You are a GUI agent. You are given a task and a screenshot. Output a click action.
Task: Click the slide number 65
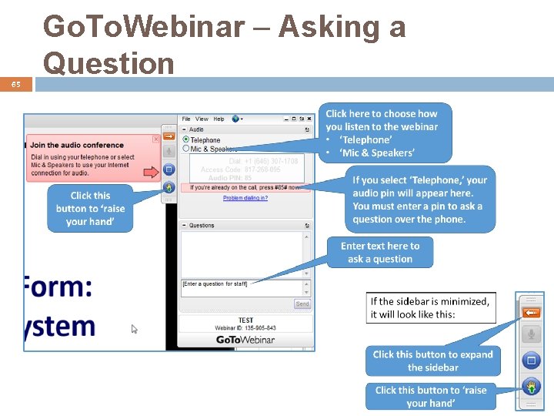(15, 85)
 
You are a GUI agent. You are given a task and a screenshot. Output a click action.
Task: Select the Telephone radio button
(186, 140)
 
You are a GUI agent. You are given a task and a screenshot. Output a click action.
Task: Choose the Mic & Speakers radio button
(186, 149)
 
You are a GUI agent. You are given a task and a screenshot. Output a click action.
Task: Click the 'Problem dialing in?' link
(245, 198)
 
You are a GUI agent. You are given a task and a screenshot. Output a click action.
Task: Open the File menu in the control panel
(186, 119)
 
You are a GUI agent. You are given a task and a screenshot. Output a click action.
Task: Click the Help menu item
(219, 119)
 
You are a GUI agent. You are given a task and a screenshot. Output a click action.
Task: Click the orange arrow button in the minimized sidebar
(530, 312)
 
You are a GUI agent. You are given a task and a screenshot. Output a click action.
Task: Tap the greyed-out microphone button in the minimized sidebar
(530, 334)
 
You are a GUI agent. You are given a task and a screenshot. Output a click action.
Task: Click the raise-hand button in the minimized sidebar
(530, 384)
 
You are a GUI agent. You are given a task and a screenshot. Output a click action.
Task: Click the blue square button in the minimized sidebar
(530, 360)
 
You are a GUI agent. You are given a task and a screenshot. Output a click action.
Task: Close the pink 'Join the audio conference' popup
(155, 139)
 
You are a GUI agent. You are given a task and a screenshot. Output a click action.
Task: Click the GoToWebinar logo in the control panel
(245, 340)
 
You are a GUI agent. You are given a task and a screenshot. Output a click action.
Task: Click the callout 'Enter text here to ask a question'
(379, 253)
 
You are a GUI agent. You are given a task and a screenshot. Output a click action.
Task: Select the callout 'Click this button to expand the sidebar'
(432, 361)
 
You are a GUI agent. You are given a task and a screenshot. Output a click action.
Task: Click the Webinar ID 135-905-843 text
(245, 328)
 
